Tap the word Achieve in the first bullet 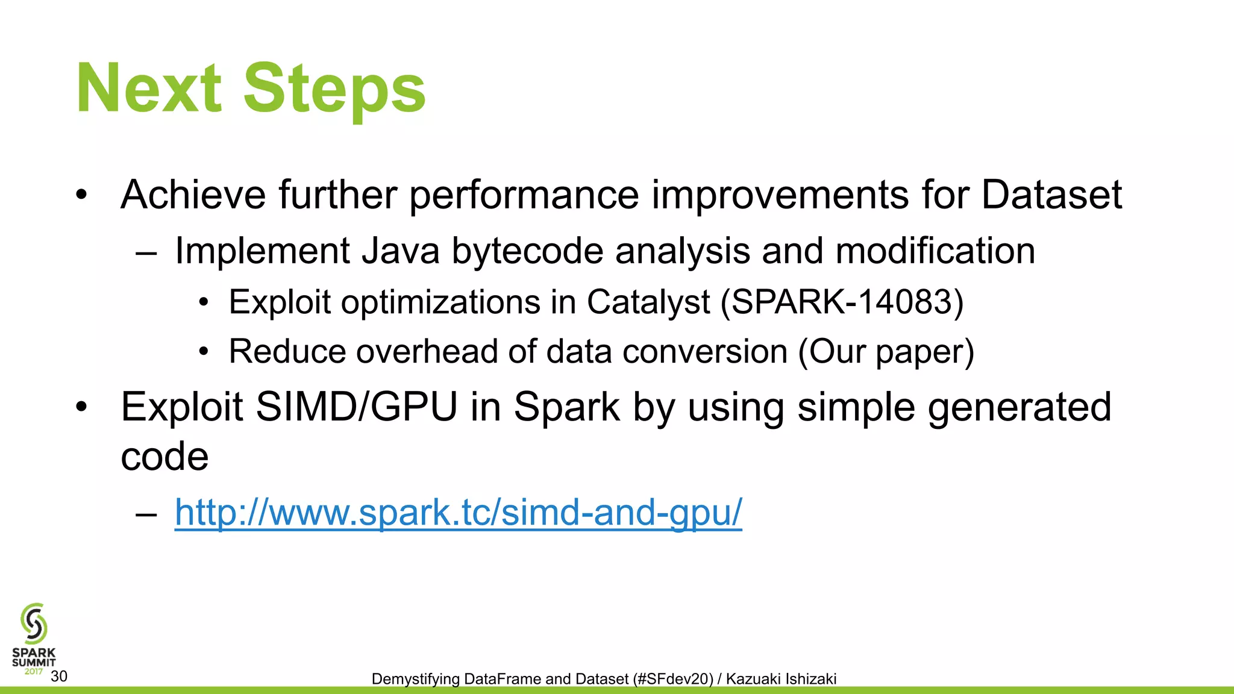coord(193,195)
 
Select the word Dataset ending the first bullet coord(1051,195)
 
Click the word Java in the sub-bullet coord(401,251)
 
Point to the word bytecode coord(527,252)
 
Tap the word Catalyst coord(648,302)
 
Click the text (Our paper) coord(886,352)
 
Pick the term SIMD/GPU coord(356,407)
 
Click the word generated coord(1019,407)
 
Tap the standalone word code coord(164,457)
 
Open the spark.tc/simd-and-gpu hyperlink coord(458,513)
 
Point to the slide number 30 coord(59,677)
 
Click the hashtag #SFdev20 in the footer coord(673,679)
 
